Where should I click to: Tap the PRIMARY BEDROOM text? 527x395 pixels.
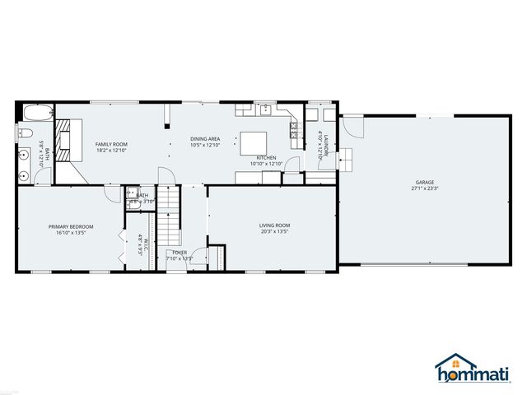point(70,226)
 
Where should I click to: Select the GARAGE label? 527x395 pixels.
point(424,182)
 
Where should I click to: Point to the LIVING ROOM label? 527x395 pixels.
point(274,225)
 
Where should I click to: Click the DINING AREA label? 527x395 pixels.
point(204,139)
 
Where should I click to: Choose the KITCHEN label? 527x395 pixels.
point(266,157)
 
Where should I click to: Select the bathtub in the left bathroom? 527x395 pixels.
point(37,113)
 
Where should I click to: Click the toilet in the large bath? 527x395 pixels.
point(25,133)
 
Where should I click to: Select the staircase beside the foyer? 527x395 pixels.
point(168,212)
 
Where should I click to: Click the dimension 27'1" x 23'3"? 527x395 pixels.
point(424,188)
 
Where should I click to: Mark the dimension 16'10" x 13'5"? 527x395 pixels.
point(70,233)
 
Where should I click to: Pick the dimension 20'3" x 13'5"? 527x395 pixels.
point(274,231)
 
